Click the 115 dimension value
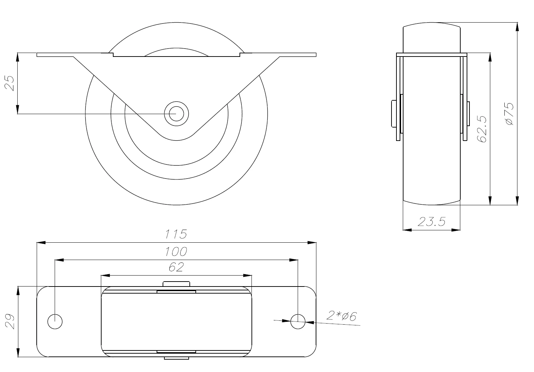click(x=176, y=234)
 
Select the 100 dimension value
click(x=176, y=252)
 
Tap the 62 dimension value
click(x=176, y=267)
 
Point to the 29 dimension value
click(x=10, y=321)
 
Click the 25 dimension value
click(x=10, y=83)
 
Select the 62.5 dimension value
click(x=482, y=129)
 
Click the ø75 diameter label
click(x=509, y=114)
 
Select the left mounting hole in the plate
click(x=55, y=321)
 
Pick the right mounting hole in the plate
click(x=298, y=321)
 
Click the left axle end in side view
click(x=394, y=113)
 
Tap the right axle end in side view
click(x=469, y=113)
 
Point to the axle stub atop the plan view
click(x=176, y=284)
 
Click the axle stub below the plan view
click(x=176, y=358)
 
